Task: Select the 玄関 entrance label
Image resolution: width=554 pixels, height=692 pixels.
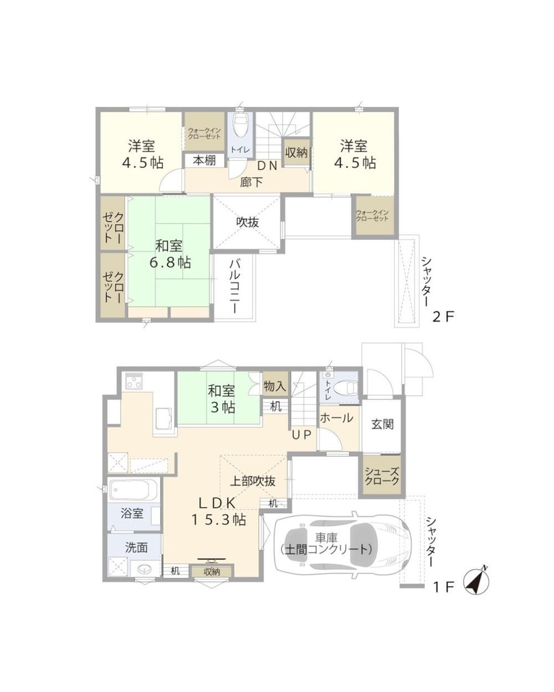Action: [x=382, y=425]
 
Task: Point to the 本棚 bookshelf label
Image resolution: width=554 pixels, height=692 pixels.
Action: [x=204, y=160]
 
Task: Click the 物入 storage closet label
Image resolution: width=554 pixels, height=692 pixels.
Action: [x=275, y=386]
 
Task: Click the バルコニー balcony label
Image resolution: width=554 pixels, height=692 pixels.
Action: [x=235, y=286]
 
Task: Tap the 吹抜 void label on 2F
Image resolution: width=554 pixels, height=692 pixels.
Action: [x=248, y=222]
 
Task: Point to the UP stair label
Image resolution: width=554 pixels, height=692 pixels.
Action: [x=301, y=435]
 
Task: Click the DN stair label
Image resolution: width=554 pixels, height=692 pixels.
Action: [x=267, y=166]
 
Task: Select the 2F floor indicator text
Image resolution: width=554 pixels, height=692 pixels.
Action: [x=443, y=317]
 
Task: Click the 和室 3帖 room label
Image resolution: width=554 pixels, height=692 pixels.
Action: [x=222, y=399]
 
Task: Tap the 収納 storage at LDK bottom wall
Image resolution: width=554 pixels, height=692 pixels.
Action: [x=212, y=572]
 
